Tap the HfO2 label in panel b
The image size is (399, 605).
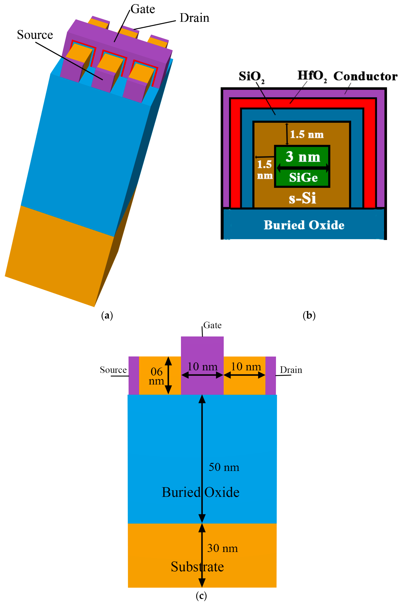tap(312, 76)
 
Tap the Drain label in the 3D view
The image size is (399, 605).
tap(194, 18)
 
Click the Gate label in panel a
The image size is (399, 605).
tap(143, 9)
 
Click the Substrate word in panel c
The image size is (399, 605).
tap(197, 567)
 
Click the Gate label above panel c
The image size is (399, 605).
tap(212, 325)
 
